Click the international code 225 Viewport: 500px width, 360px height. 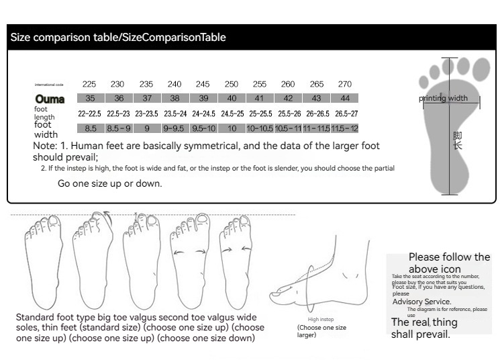pos(89,84)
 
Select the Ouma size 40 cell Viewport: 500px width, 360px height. pos(232,98)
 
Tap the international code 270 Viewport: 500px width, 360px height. pos(344,84)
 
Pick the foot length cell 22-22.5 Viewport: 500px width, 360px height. pos(90,114)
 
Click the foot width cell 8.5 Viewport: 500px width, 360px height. pos(91,128)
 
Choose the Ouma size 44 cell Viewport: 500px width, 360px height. pos(344,98)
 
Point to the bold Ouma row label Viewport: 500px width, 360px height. pos(50,99)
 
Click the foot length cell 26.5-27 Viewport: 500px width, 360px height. pos(346,114)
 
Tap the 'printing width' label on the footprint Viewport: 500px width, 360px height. pos(443,99)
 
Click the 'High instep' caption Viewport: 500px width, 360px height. pos(321,320)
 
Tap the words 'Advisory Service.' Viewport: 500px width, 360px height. pos(421,302)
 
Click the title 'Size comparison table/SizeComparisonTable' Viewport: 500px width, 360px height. pos(118,38)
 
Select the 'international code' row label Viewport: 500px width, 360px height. pos(49,85)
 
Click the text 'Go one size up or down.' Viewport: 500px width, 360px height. pos(109,183)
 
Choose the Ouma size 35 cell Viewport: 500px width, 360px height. pos(91,98)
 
